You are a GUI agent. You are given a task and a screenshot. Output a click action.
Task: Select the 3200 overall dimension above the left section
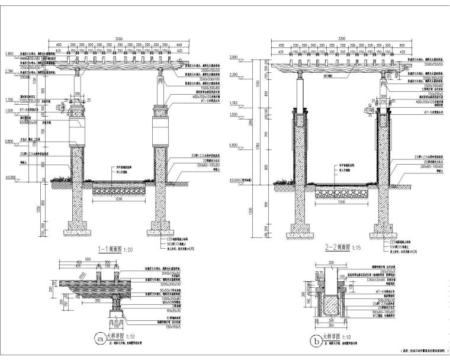[119, 37]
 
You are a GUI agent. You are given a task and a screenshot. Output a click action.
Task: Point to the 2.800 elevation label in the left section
[11, 54]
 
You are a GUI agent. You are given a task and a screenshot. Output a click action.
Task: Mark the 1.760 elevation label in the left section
[11, 100]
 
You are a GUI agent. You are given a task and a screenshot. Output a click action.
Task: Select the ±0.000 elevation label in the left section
[11, 176]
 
